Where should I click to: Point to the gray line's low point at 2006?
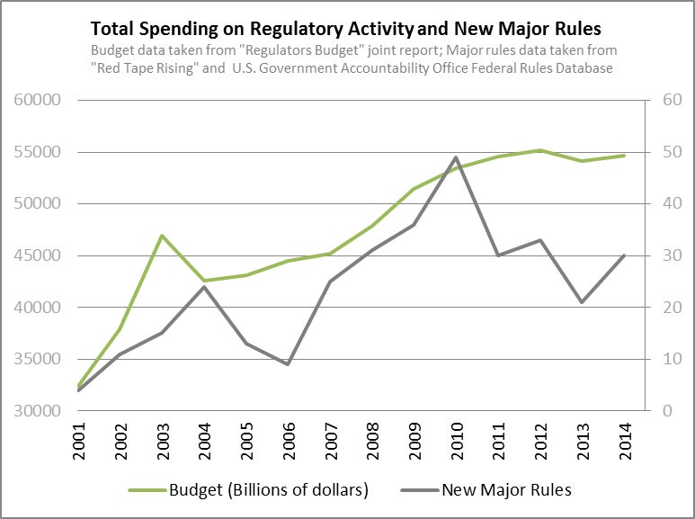[x=288, y=364]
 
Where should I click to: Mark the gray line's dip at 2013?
[x=582, y=302]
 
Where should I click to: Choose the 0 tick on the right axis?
[x=668, y=411]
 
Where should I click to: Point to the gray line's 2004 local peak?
[x=205, y=286]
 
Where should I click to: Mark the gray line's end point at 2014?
[x=623, y=255]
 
